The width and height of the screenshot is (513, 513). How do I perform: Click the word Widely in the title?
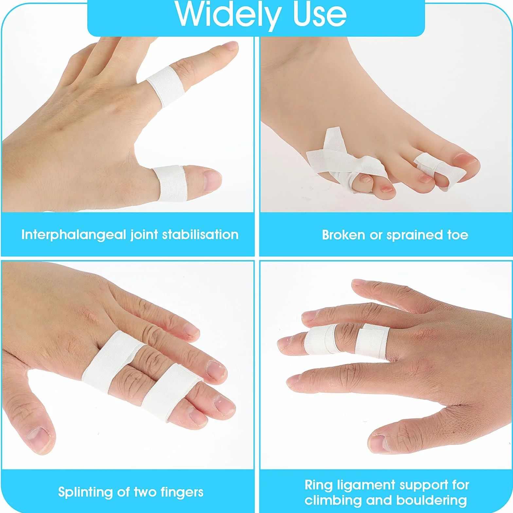[x=228, y=15]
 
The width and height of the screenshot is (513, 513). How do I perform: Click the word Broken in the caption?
[x=344, y=235]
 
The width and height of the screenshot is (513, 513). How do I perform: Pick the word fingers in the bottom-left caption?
[x=182, y=492]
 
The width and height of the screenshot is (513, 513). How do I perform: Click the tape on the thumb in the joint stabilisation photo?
[x=169, y=183]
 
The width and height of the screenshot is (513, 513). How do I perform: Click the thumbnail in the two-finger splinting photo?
[x=37, y=437]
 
